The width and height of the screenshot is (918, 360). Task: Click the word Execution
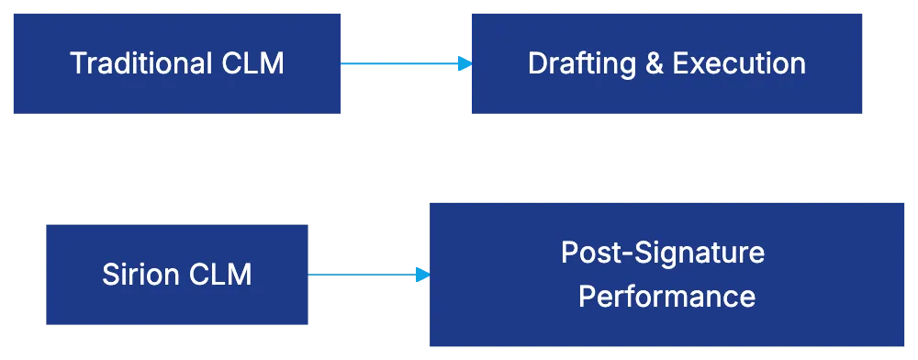click(739, 63)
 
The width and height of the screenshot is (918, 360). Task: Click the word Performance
click(667, 297)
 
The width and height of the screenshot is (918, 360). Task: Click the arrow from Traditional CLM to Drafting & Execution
click(404, 63)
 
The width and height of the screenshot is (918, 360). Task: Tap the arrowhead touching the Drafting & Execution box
click(465, 63)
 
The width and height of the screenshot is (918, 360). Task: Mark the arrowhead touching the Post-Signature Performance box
click(421, 275)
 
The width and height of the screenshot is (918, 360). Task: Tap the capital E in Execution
click(679, 63)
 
